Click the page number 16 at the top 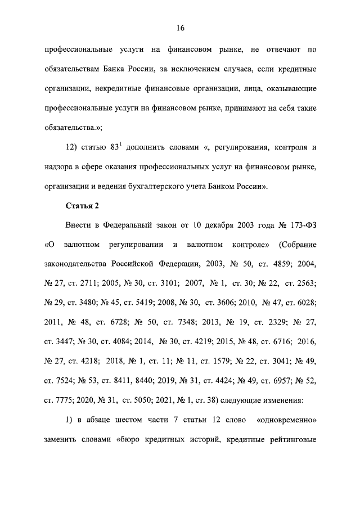tap(180, 28)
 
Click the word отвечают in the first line tap(280, 50)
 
